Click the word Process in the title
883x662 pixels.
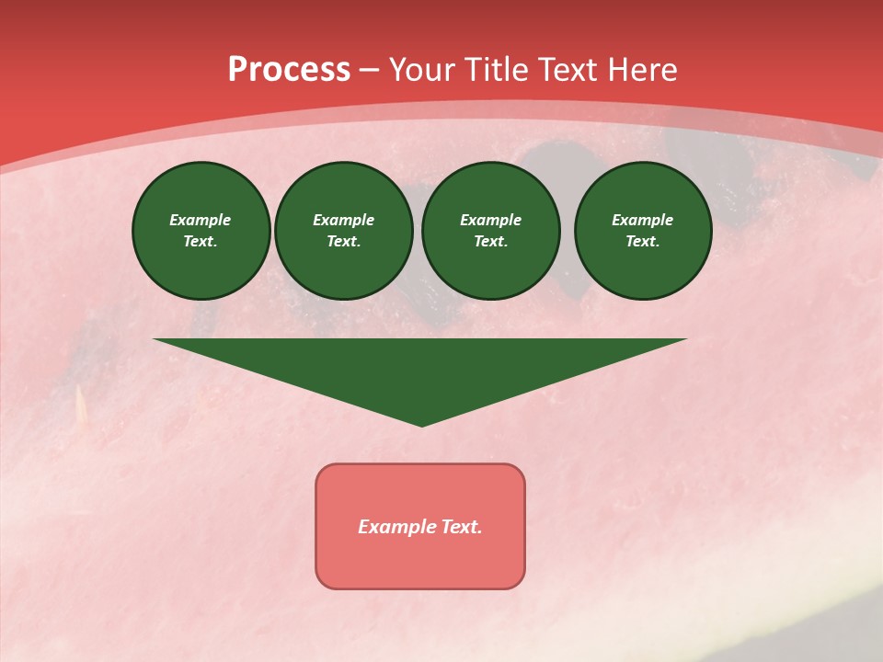point(289,70)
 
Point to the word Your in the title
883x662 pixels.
point(419,70)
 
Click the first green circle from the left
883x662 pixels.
point(201,231)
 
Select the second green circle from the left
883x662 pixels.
point(344,231)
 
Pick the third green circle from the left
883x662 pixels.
point(491,231)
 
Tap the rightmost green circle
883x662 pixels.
point(643,231)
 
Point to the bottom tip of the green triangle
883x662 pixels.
point(421,425)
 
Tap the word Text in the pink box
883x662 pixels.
point(462,527)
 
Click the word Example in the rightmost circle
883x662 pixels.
point(643,220)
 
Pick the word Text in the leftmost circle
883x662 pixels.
point(200,242)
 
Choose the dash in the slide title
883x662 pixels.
point(369,71)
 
